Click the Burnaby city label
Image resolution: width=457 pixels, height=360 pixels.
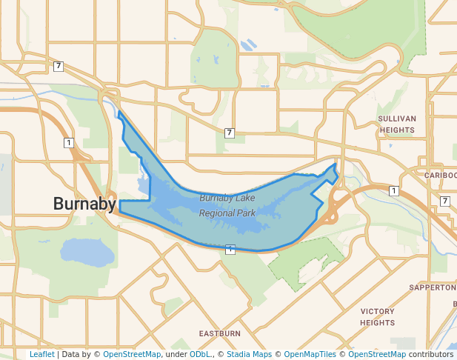coord(84,204)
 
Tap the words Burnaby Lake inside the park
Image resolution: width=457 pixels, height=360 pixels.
coord(227,198)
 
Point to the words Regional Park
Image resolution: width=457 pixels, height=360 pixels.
coord(227,213)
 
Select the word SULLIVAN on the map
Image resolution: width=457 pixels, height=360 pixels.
coord(397,119)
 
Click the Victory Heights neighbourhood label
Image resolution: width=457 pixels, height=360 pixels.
coord(378,317)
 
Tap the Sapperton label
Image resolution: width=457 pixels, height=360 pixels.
coord(432,287)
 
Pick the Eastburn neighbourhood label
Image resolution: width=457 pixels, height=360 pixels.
coord(219,333)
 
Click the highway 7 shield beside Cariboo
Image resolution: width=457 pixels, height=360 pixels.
coord(444,201)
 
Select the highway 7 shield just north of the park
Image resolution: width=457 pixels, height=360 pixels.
coord(230,133)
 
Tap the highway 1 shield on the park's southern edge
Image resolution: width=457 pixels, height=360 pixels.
coord(230,249)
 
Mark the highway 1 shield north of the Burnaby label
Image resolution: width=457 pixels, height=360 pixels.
coord(68,142)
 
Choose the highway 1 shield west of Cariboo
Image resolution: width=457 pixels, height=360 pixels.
coord(394,191)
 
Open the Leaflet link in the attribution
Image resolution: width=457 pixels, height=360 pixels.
coord(41,355)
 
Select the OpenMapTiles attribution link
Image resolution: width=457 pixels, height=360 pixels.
coord(310,355)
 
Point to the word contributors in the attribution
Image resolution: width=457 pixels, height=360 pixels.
coord(430,355)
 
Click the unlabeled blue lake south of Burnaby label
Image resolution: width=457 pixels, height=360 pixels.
coord(87,253)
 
